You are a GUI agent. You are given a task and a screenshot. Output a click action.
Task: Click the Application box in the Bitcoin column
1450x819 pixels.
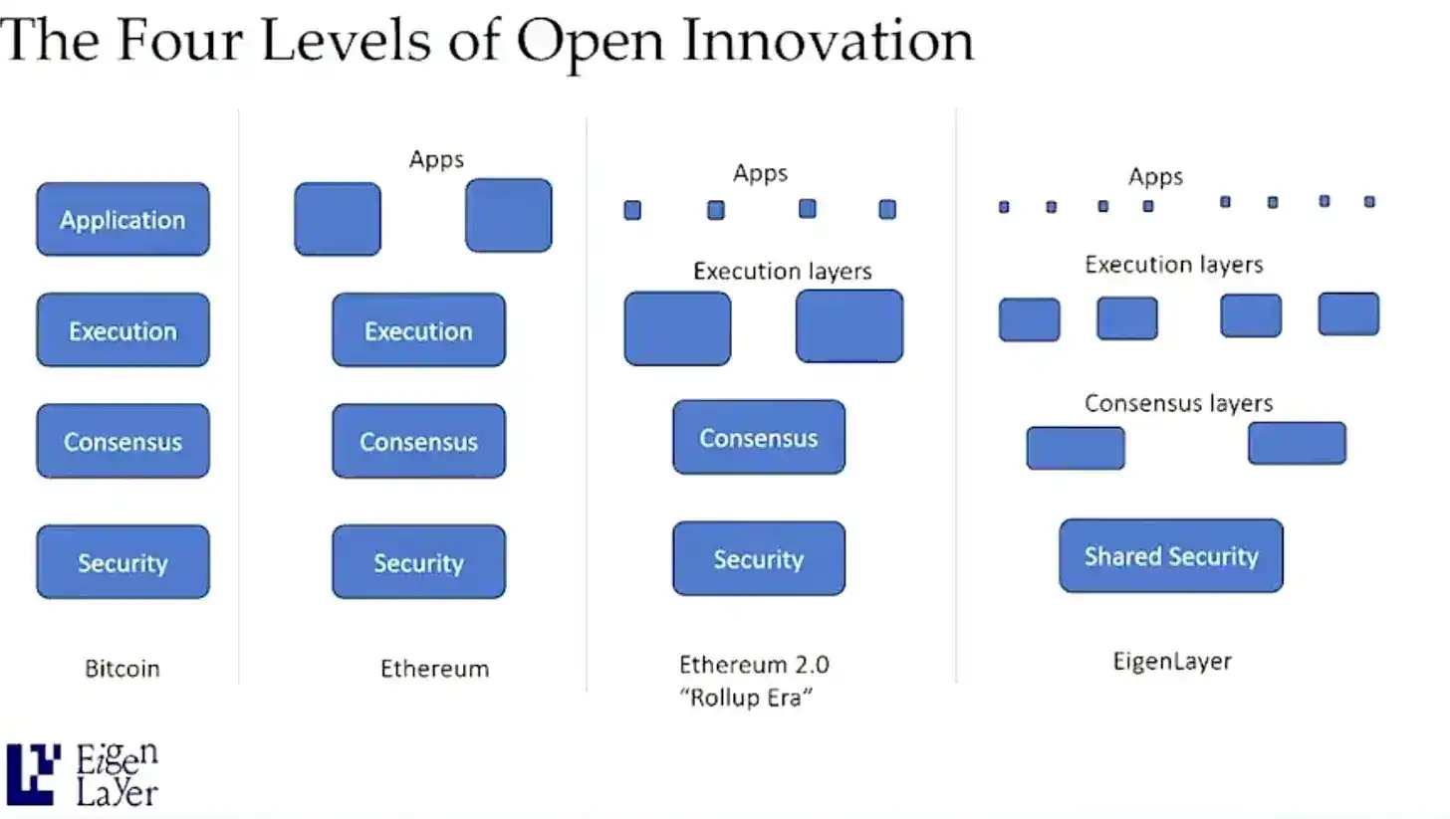click(x=122, y=219)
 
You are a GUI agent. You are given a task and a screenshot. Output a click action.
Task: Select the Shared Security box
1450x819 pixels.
click(x=1170, y=555)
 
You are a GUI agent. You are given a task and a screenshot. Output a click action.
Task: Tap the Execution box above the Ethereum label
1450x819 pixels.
click(x=418, y=330)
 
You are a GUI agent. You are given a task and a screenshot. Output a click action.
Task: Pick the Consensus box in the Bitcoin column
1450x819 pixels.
click(x=122, y=441)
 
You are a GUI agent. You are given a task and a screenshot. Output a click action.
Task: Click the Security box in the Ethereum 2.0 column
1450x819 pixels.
click(x=758, y=558)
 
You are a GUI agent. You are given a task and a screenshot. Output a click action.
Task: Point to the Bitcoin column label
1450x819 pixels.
click(x=121, y=668)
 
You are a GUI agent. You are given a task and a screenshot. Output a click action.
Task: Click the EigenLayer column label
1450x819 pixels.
click(x=1171, y=661)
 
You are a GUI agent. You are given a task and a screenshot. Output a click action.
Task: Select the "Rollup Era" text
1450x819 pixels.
click(x=746, y=697)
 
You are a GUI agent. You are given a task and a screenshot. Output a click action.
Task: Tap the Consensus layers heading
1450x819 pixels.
click(x=1178, y=403)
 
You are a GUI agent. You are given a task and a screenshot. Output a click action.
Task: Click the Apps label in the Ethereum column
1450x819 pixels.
click(x=436, y=158)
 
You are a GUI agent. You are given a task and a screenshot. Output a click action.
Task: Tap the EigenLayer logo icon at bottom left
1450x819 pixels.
click(x=32, y=773)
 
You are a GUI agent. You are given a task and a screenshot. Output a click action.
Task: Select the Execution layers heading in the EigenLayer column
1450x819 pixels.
click(x=1173, y=265)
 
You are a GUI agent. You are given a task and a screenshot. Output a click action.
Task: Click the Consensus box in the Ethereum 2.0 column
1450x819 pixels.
click(x=758, y=437)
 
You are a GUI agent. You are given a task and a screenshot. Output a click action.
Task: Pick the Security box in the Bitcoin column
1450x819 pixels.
click(x=122, y=562)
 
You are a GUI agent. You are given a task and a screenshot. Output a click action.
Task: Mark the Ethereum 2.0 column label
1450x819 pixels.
click(x=753, y=664)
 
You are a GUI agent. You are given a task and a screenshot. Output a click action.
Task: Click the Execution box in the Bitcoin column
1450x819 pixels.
click(x=122, y=330)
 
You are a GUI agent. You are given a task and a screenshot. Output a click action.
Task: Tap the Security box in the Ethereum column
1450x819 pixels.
click(x=418, y=562)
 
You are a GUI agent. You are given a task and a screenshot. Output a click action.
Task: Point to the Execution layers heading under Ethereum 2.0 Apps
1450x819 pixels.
click(x=782, y=271)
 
